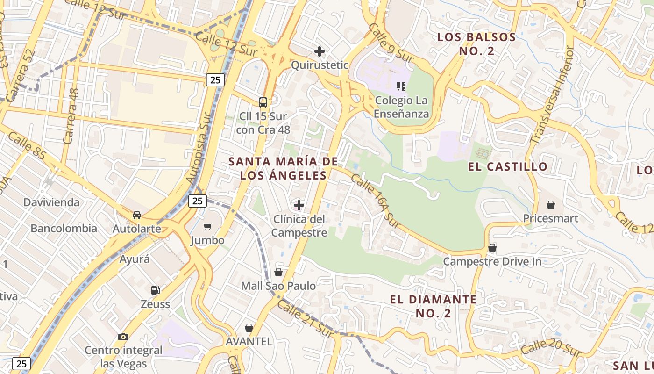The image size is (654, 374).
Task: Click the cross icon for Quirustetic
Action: [320, 51]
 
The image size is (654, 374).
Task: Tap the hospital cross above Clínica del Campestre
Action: [299, 205]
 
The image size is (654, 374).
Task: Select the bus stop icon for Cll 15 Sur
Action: [263, 102]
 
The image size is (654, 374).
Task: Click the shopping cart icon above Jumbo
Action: [208, 226]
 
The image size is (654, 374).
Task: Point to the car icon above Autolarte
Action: [136, 215]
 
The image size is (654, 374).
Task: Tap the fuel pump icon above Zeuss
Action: [155, 290]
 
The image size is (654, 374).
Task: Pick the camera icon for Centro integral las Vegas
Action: [123, 337]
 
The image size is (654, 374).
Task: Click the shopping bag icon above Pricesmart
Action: [551, 205]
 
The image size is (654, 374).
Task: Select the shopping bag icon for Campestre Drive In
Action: [492, 248]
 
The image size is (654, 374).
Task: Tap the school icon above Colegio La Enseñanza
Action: [401, 86]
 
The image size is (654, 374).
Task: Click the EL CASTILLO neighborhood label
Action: [507, 166]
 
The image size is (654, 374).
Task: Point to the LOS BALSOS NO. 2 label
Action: [476, 44]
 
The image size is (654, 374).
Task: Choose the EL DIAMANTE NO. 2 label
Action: [433, 306]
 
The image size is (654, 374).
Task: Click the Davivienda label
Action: [51, 202]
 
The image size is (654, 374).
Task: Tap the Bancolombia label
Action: [64, 229]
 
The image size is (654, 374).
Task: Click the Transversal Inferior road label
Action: [552, 95]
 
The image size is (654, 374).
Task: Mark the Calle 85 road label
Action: [27, 145]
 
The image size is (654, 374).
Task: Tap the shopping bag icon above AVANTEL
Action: [249, 328]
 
